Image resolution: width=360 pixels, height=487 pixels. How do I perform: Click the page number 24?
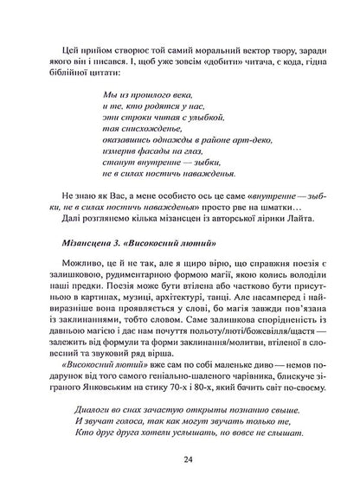[x=180, y=459]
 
